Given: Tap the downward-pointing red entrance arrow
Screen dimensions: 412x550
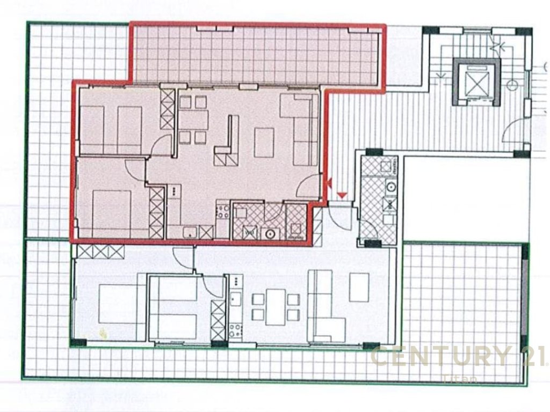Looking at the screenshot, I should (341, 194).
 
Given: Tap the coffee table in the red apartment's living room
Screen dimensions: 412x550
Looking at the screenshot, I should (264, 142).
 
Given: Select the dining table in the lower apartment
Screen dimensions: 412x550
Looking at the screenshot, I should (275, 307).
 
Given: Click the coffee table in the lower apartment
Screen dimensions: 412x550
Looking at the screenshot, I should (359, 288).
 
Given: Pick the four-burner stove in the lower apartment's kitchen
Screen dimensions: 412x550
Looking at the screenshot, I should (235, 328).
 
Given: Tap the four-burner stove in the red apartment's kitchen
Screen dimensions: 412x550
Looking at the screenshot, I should (222, 211).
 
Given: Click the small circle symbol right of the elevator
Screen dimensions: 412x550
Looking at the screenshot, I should (512, 85).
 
